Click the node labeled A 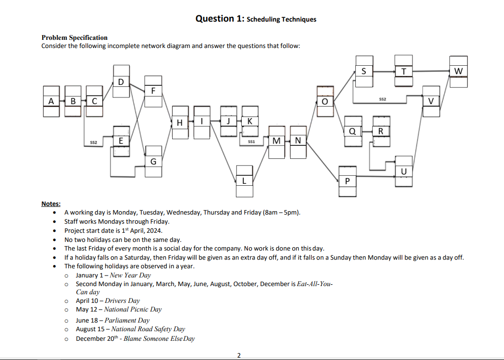(51, 101)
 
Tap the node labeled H (180, 122)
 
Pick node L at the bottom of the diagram (244, 181)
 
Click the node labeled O (325, 101)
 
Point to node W (458, 72)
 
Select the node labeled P (347, 181)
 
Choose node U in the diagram (403, 171)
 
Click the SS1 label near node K (251, 142)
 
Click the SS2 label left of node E (94, 143)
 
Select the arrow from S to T (384, 72)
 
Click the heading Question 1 (256, 19)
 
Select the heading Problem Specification (74, 37)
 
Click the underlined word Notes (51, 204)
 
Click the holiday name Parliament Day (127, 320)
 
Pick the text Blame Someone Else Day (159, 338)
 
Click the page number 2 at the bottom (239, 355)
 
